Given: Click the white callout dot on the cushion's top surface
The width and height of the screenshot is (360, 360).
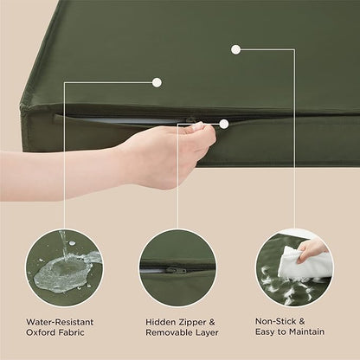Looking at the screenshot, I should point(235,48).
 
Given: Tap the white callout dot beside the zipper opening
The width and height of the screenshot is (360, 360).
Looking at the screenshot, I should point(224,124).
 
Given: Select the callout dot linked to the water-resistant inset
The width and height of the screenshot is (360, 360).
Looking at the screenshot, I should point(157,82).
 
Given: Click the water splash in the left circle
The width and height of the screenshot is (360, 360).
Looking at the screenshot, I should point(63,271).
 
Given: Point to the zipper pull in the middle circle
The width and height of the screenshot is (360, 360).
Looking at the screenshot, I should point(177,270).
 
